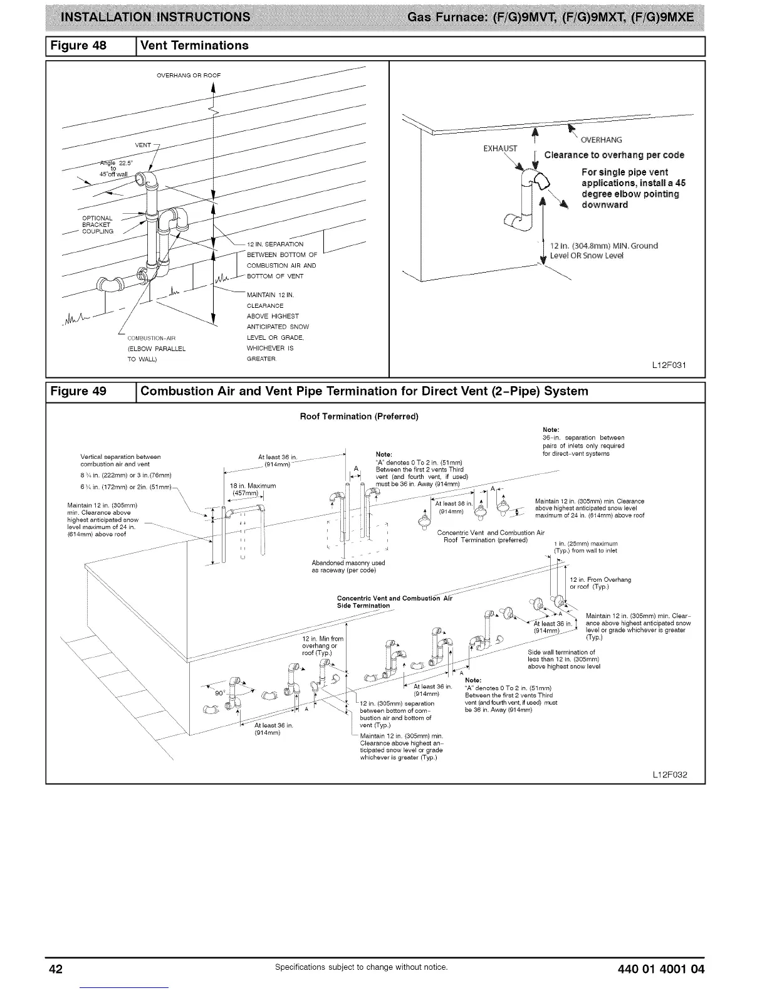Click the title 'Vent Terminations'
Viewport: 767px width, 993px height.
tap(195, 46)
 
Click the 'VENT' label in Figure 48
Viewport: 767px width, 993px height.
tap(143, 145)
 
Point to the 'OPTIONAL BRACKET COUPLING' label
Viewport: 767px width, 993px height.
tap(98, 224)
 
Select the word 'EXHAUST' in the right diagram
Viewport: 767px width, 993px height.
tap(501, 149)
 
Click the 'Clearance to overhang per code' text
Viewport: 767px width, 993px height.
tap(614, 155)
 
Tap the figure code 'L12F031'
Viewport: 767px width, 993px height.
tap(670, 365)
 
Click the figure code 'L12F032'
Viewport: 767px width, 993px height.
tap(670, 775)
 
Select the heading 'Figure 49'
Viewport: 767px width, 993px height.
tap(79, 392)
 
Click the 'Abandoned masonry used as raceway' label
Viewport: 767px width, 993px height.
tap(348, 566)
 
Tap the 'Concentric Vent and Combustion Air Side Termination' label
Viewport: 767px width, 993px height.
tap(394, 601)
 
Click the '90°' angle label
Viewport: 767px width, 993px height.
tap(220, 693)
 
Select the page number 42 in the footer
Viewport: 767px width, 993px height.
tap(56, 969)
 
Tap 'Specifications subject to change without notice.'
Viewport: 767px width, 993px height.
tap(362, 967)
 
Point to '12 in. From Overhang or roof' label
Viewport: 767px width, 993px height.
tap(600, 583)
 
